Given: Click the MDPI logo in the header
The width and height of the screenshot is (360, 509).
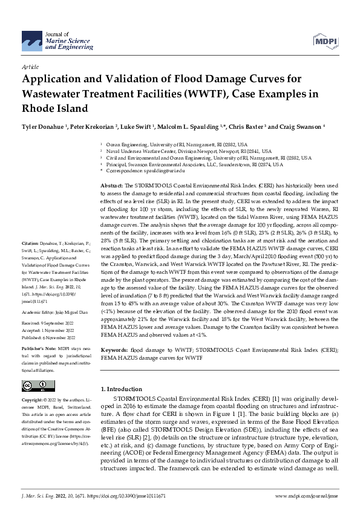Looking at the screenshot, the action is (x=326, y=41).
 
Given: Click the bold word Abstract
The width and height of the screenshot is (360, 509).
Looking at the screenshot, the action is (x=111, y=184).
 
